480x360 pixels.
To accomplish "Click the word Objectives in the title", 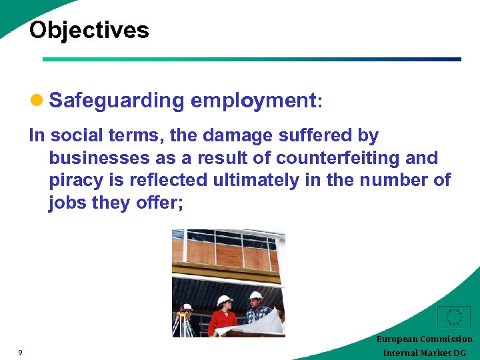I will pos(89,30).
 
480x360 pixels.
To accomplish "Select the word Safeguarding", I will pos(117,101).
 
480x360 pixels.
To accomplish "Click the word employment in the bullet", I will pos(253,101).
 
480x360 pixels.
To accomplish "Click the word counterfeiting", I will pos(345,158).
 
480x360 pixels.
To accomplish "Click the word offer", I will pos(157,203).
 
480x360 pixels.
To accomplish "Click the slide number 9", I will pos(21,353).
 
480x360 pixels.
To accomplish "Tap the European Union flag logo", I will pos(453,318).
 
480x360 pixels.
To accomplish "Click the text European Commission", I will pos(424,339).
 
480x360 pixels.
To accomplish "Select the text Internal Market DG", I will pos(425,353).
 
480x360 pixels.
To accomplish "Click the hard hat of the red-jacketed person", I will pos(224,300).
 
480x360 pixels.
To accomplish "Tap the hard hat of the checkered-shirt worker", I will pos(255,295).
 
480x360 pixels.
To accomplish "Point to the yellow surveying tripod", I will pos(182,323).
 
